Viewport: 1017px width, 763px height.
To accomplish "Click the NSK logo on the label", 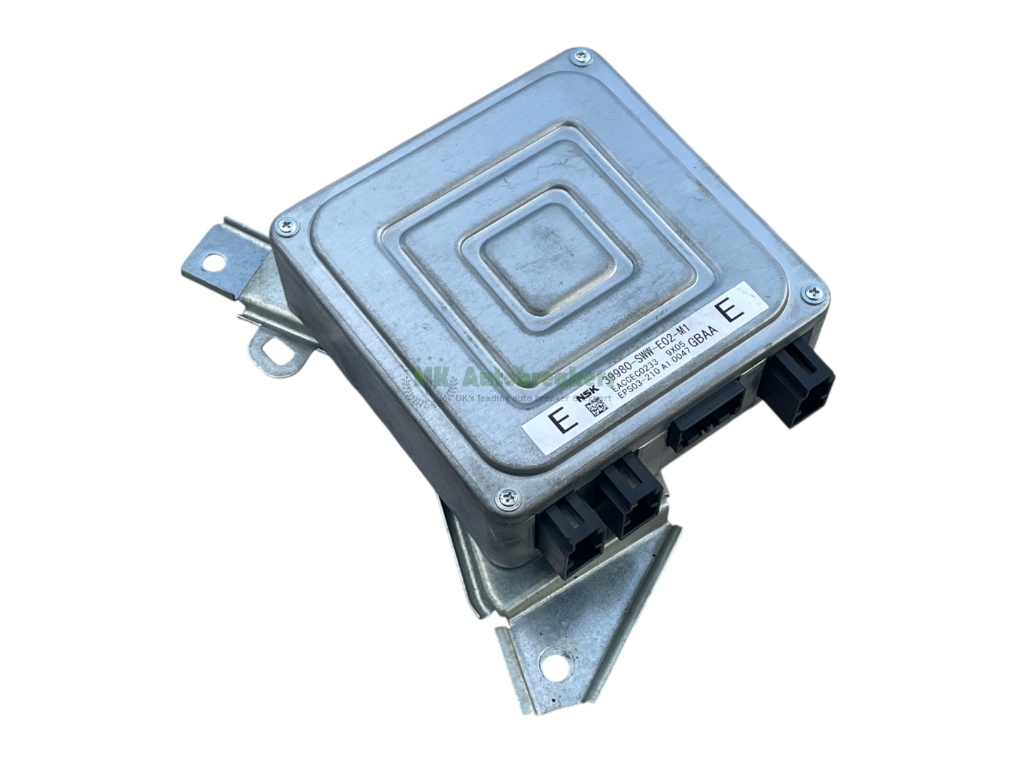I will point(590,398).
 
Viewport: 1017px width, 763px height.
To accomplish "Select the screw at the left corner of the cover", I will point(284,225).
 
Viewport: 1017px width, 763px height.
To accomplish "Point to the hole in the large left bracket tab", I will point(212,262).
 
